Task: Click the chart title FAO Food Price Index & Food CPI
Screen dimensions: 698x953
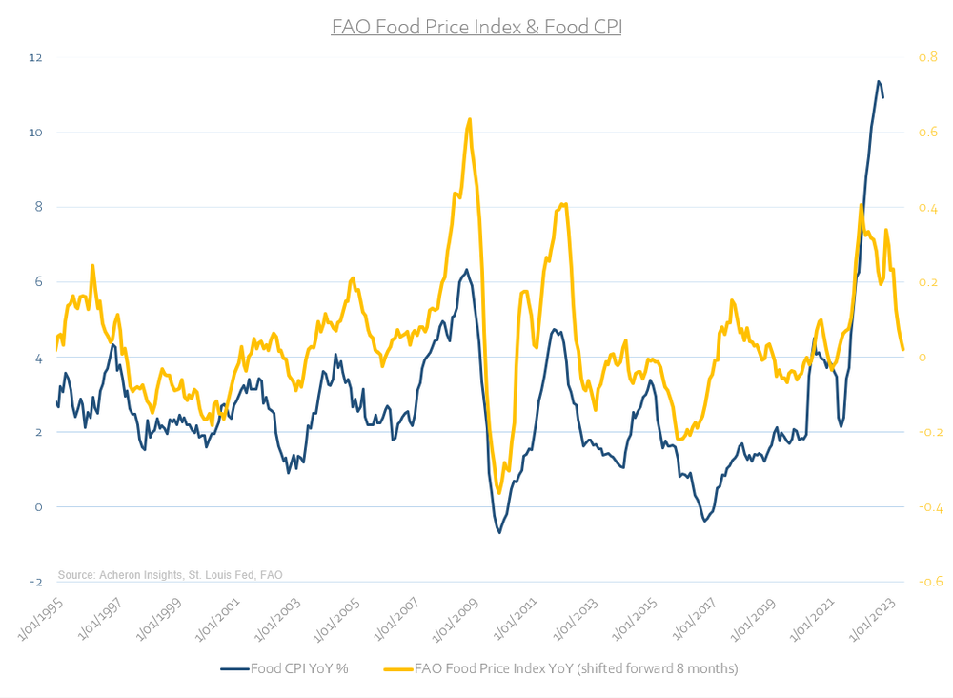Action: click(476, 27)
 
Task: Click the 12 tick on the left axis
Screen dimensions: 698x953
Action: click(36, 57)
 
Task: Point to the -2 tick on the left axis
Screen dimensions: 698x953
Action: click(36, 582)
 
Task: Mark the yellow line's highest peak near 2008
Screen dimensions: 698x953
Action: click(470, 119)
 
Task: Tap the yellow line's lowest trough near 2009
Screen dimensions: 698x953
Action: click(499, 493)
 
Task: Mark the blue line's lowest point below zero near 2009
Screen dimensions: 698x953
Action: click(499, 531)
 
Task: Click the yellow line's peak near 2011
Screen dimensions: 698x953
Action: click(564, 203)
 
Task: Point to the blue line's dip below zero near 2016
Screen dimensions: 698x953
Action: click(704, 521)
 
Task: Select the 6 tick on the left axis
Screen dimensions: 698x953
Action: click(36, 282)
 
